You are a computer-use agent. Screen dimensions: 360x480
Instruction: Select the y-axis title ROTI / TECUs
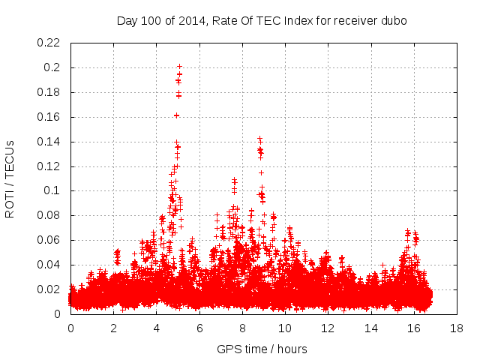[x=10, y=178]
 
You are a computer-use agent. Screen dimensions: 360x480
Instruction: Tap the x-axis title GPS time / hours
[x=262, y=349]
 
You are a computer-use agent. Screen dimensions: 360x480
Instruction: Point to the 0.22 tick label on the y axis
[x=49, y=43]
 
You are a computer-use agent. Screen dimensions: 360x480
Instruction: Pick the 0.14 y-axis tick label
[x=49, y=142]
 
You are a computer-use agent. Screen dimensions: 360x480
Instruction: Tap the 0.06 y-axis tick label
[x=49, y=240]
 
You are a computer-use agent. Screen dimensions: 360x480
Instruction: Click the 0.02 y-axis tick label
[x=49, y=289]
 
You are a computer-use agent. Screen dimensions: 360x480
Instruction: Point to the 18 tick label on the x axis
[x=456, y=328]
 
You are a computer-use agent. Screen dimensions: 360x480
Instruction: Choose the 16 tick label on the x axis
[x=413, y=328]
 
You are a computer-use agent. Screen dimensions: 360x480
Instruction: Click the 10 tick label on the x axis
[x=285, y=328]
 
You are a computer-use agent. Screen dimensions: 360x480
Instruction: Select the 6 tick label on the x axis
[x=199, y=328]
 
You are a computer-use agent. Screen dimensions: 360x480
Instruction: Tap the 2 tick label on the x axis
[x=114, y=328]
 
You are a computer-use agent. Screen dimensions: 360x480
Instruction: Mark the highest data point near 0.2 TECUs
[x=179, y=66]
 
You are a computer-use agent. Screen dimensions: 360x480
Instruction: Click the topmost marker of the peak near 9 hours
[x=259, y=138]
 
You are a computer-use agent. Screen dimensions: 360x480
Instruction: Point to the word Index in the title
[x=290, y=21]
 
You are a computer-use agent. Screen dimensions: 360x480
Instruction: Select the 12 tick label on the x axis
[x=328, y=328]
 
